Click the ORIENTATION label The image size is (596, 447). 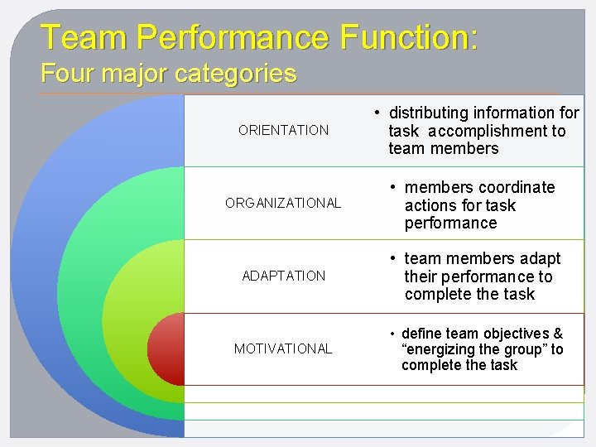(283, 130)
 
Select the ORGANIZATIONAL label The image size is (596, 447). (283, 203)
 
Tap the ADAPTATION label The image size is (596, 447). (284, 276)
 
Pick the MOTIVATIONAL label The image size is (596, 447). (283, 348)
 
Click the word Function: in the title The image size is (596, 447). (409, 37)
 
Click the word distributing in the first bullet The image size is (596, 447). (434, 113)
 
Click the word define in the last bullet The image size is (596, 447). (421, 334)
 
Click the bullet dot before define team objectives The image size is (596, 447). (392, 334)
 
